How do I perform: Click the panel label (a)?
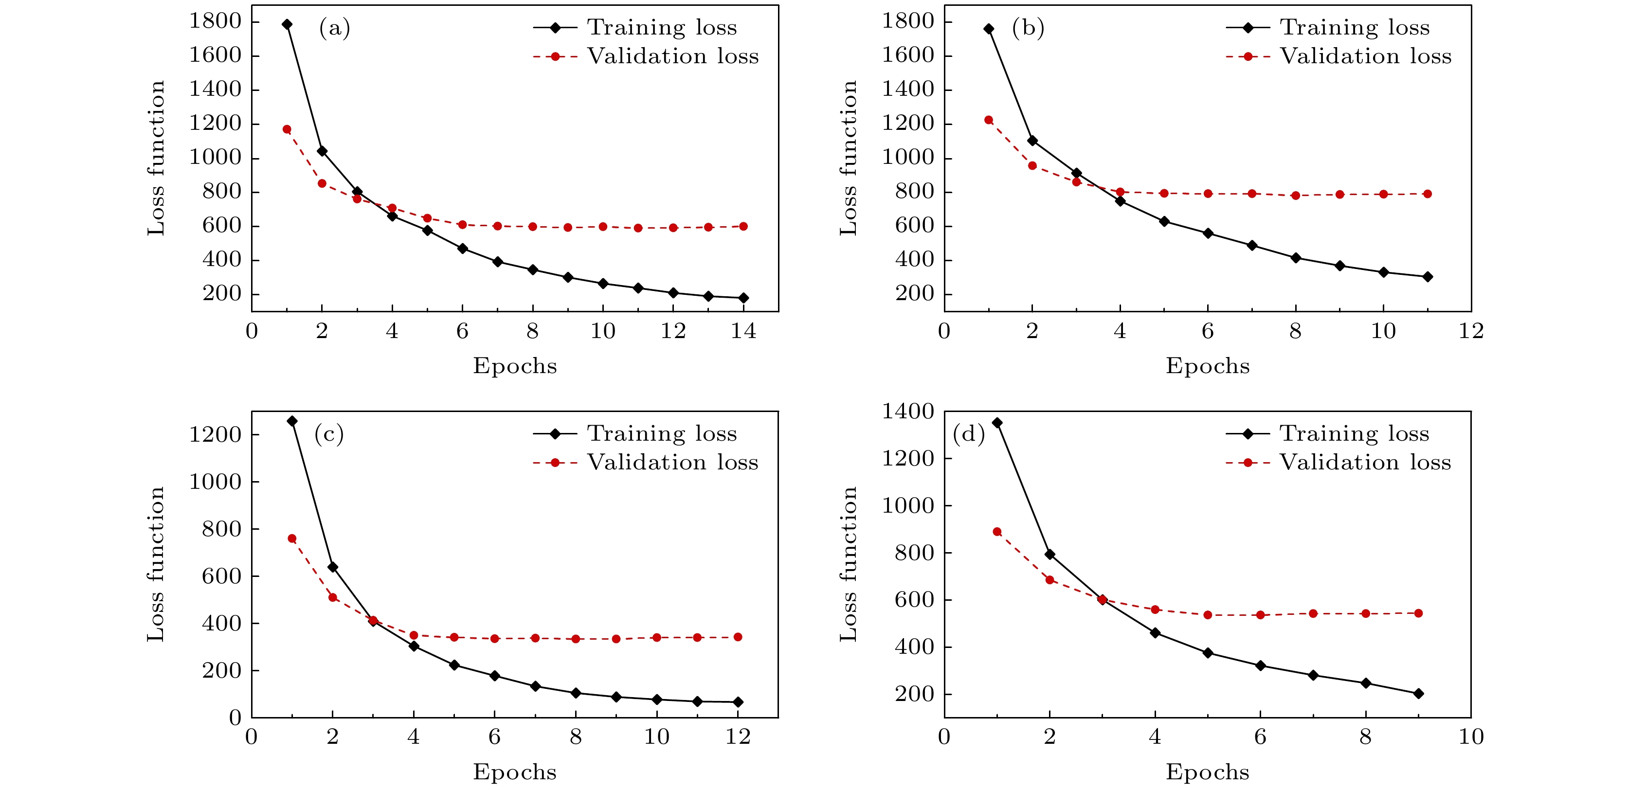point(334,28)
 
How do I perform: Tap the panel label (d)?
point(968,434)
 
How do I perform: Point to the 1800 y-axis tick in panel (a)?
point(216,21)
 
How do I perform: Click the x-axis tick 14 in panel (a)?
point(743,331)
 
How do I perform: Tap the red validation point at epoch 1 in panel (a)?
point(287,129)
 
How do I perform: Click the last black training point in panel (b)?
point(1427,277)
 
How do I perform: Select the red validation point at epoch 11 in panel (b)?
point(1427,194)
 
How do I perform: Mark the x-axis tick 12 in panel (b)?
point(1471,331)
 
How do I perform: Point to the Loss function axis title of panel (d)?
point(848,564)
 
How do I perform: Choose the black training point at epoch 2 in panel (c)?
point(332,567)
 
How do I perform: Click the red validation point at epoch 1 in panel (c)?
point(292,539)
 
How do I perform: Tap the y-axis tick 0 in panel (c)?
point(235,718)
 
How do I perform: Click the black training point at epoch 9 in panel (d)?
point(1418,693)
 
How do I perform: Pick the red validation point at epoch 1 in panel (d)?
point(997,532)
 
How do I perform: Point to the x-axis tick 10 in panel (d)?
point(1471,737)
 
